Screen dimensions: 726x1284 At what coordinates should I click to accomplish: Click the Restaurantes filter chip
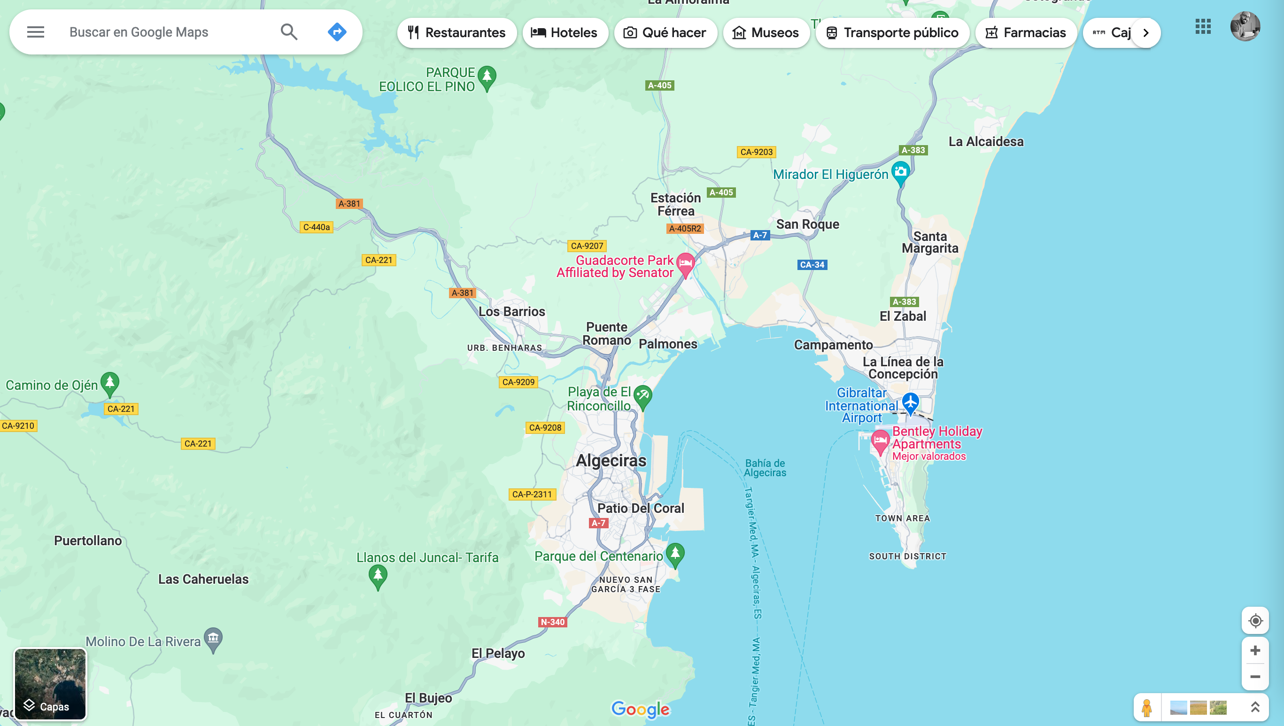click(457, 33)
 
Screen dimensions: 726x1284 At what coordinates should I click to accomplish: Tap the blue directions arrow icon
click(337, 32)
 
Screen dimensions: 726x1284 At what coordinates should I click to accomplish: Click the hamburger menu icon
click(35, 32)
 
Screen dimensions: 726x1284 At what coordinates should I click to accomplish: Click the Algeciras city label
click(611, 460)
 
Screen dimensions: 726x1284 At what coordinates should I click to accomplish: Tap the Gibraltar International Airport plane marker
click(910, 402)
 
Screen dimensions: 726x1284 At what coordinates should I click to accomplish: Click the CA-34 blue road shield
click(812, 265)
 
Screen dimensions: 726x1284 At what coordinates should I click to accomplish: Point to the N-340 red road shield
click(552, 622)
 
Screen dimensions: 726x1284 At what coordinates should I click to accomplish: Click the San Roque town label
click(807, 224)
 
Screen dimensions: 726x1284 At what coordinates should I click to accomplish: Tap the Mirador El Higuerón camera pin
click(900, 172)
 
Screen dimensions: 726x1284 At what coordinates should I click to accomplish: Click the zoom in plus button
click(1255, 650)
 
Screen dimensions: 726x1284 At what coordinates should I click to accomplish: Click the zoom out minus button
click(1255, 677)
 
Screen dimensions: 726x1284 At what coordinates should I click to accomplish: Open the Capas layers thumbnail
click(50, 684)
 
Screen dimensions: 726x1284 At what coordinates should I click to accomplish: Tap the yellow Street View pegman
click(1146, 707)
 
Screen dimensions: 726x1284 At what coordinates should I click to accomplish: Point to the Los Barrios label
click(511, 312)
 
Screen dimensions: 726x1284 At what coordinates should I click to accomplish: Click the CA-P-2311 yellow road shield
click(532, 494)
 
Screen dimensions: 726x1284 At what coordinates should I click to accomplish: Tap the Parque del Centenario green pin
click(675, 554)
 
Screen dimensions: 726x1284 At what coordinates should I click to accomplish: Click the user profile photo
click(1245, 26)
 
